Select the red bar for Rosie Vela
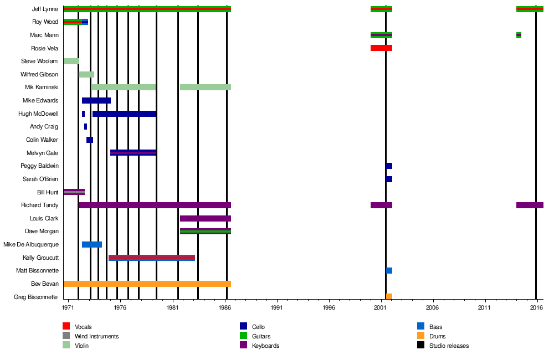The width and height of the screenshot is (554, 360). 381,48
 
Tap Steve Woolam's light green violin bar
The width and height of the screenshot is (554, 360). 71,61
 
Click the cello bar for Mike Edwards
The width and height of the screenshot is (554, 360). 96,100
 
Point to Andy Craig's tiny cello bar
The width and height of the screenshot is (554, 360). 85,126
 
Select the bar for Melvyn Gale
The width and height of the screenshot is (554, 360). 133,152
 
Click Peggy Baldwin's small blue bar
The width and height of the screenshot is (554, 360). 389,166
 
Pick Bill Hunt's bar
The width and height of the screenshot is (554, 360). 74,192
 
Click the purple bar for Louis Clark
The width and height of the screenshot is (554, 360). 205,218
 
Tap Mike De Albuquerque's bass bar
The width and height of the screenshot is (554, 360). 92,244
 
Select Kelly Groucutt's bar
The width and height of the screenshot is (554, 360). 152,258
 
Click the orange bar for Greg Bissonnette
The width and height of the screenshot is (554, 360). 389,296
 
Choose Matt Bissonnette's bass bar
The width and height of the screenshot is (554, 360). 389,270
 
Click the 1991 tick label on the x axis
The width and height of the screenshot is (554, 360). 277,307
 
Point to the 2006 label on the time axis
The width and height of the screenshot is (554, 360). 433,307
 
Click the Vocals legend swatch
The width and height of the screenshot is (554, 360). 66,327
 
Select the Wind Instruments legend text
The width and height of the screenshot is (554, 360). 96,336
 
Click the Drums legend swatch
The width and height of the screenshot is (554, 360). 421,336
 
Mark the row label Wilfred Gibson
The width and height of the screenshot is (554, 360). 39,74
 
